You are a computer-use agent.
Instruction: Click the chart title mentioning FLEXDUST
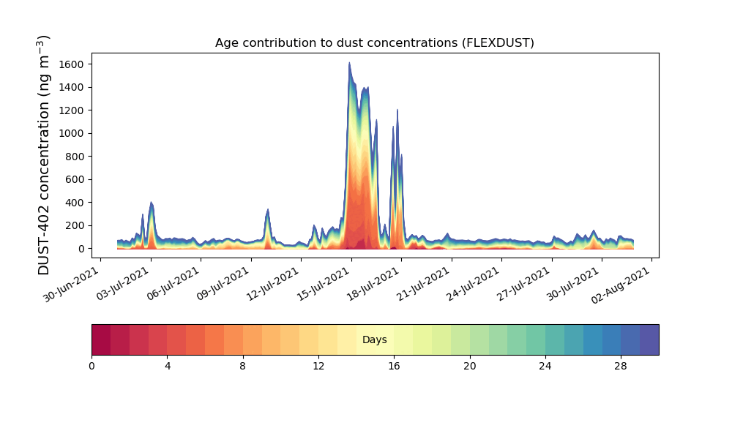[x=374, y=43]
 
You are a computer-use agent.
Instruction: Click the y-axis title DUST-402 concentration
[x=43, y=155]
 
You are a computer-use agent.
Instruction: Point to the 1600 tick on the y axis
[x=71, y=64]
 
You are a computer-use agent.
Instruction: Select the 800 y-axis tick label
[x=74, y=157]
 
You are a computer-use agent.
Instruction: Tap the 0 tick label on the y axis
[x=81, y=249]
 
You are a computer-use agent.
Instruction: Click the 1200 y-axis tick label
[x=71, y=110]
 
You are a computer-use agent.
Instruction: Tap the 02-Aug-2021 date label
[x=621, y=285]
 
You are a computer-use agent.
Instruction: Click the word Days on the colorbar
[x=374, y=339]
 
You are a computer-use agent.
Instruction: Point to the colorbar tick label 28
[x=621, y=367]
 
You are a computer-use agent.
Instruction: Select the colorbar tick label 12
[x=318, y=367]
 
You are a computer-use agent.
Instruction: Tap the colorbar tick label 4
[x=168, y=367]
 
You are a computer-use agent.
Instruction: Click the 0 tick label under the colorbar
[x=91, y=367]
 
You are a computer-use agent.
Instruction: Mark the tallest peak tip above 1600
[x=349, y=62]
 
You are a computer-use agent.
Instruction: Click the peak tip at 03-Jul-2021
[x=151, y=203]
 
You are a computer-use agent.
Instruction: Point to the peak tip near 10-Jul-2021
[x=267, y=209]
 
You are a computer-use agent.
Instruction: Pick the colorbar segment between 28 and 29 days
[x=630, y=339]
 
